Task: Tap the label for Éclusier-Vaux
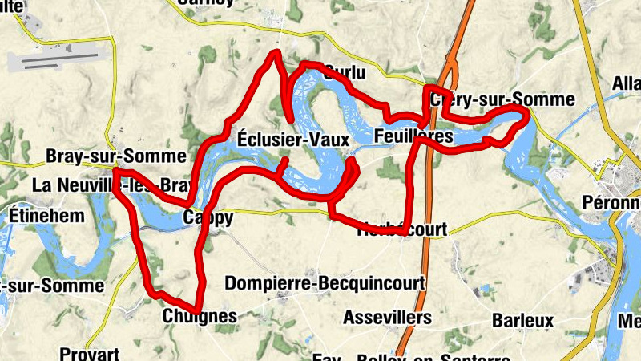tap(292, 140)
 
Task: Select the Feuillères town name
tap(413, 137)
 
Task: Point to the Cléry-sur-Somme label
tap(502, 100)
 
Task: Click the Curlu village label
tap(344, 73)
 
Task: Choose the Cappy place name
tap(208, 218)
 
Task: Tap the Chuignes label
tap(200, 317)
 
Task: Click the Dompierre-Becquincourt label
tap(324, 284)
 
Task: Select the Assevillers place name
tap(388, 318)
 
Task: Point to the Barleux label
tap(523, 321)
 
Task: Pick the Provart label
tap(89, 354)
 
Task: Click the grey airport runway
tap(56, 60)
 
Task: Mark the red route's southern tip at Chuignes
tap(196, 310)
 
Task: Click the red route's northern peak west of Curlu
tap(276, 54)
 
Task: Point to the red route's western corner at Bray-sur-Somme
tap(115, 171)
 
